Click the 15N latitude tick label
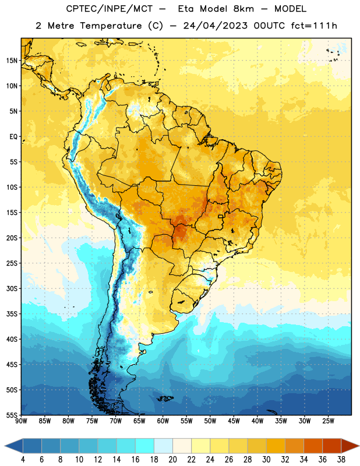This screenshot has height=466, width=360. tap(12, 61)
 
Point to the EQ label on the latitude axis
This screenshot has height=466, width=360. tap(13, 137)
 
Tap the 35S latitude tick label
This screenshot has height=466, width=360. tap(12, 314)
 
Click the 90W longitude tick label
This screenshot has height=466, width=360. tap(21, 421)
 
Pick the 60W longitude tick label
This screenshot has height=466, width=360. tap(163, 421)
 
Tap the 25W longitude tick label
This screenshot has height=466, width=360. tap(328, 421)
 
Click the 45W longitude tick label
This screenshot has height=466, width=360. tap(234, 421)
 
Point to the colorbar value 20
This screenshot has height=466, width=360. tap(172, 460)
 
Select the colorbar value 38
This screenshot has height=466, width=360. tap(341, 460)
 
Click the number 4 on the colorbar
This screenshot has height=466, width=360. tap(23, 460)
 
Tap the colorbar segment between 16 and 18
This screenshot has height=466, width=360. tap(144, 446)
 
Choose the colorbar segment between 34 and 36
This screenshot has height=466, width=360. tap(313, 446)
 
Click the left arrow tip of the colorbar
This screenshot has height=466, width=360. tap(5, 446)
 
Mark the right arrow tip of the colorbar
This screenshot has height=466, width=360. tap(359, 446)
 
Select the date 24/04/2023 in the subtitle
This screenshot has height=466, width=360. tap(215, 26)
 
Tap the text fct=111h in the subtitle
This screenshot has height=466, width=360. tap(314, 26)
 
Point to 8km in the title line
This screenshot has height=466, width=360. tap(243, 9)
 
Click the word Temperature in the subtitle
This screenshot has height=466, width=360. tap(111, 26)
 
